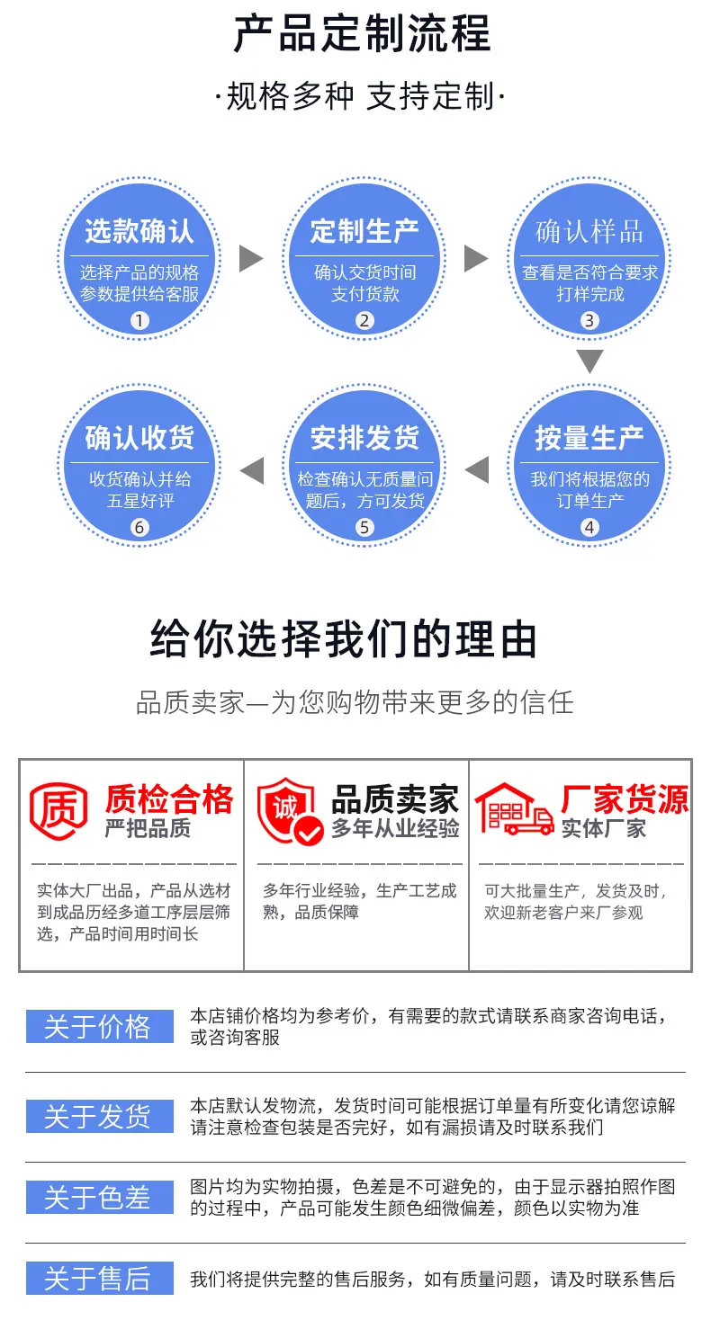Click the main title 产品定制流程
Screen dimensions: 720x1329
[362, 33]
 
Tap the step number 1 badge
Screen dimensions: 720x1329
[139, 321]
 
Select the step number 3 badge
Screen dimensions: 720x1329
[589, 321]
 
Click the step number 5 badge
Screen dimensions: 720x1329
[364, 528]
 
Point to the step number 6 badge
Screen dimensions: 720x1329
[139, 528]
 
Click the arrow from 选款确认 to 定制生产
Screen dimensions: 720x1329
[251, 259]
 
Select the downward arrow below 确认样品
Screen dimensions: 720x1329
[589, 361]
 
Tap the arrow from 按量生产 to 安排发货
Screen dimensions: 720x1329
[476, 470]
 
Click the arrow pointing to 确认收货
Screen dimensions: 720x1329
[252, 470]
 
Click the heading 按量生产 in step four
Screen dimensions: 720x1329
[589, 438]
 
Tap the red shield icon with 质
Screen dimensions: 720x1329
[58, 810]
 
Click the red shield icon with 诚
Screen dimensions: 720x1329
[289, 811]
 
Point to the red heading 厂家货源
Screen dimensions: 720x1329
[625, 798]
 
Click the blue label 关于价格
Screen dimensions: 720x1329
[100, 1026]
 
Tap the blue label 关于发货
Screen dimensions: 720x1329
[100, 1116]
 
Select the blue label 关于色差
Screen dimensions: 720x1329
[100, 1198]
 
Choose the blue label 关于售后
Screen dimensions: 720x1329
[100, 1278]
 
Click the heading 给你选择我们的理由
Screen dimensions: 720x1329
[344, 639]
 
